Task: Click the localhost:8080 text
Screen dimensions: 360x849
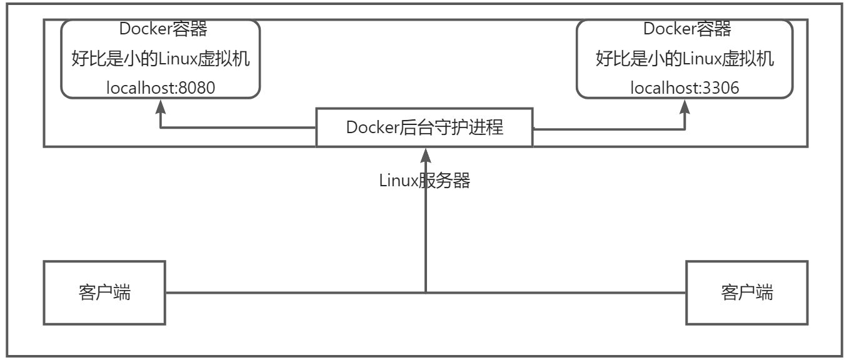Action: pyautogui.click(x=161, y=88)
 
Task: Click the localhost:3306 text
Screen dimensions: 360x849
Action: pyautogui.click(x=685, y=88)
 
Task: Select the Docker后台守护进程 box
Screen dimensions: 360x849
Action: pyautogui.click(x=424, y=127)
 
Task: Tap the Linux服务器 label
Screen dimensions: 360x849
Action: pyautogui.click(x=424, y=181)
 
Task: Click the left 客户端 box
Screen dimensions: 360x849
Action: pyautogui.click(x=104, y=292)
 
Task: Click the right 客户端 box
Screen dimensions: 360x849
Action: pyautogui.click(x=746, y=292)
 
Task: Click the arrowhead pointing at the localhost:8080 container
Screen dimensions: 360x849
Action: pyautogui.click(x=161, y=105)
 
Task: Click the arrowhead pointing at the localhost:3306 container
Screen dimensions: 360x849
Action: pyautogui.click(x=685, y=105)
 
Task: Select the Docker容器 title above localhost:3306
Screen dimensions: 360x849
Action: pyautogui.click(x=687, y=29)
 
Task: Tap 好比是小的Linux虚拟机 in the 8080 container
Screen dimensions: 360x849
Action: pyautogui.click(x=161, y=59)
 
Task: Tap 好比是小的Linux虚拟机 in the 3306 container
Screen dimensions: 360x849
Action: pyautogui.click(x=685, y=59)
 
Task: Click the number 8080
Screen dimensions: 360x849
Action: pyautogui.click(x=196, y=88)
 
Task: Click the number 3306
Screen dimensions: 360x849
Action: pyautogui.click(x=720, y=88)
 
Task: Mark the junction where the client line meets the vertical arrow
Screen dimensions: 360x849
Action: pyautogui.click(x=425, y=292)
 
